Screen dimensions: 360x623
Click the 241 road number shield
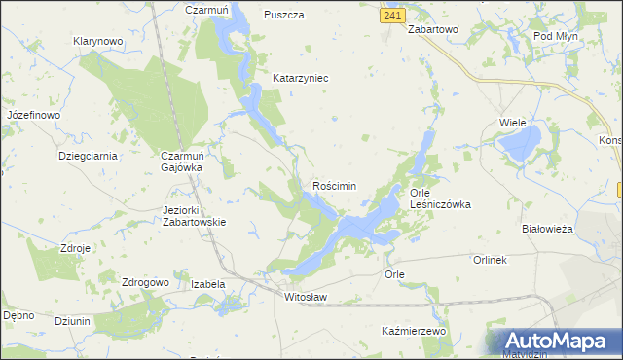pyautogui.click(x=392, y=17)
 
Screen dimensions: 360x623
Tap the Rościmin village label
pyautogui.click(x=334, y=185)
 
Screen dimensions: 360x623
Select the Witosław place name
pyautogui.click(x=305, y=296)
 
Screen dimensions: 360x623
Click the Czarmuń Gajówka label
pyautogui.click(x=181, y=161)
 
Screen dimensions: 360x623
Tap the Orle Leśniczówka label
pyautogui.click(x=440, y=198)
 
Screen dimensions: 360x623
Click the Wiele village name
pyautogui.click(x=512, y=123)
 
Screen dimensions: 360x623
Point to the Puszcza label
pyautogui.click(x=284, y=16)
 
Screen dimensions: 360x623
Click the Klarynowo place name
pyautogui.click(x=97, y=42)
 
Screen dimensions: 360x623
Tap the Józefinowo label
pyautogui.click(x=33, y=115)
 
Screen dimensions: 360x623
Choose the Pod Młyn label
pyautogui.click(x=558, y=36)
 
